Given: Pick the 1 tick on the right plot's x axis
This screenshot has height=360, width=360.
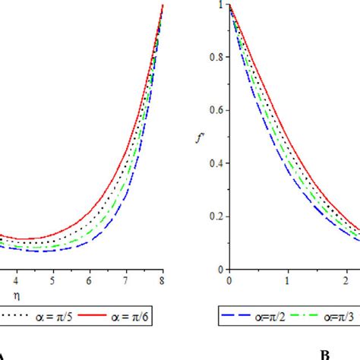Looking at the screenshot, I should pyautogui.click(x=287, y=279).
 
